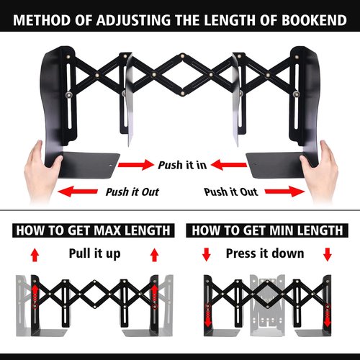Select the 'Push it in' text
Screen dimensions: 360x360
coord(183,165)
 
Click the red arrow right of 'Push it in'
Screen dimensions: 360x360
coord(229,166)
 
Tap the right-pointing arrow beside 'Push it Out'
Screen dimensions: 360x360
coord(285,192)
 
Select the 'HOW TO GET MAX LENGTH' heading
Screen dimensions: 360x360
coord(92,230)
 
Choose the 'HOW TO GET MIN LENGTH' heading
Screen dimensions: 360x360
coord(267,230)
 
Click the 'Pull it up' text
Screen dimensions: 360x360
coord(94,253)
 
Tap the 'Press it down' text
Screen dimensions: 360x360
coord(265,253)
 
